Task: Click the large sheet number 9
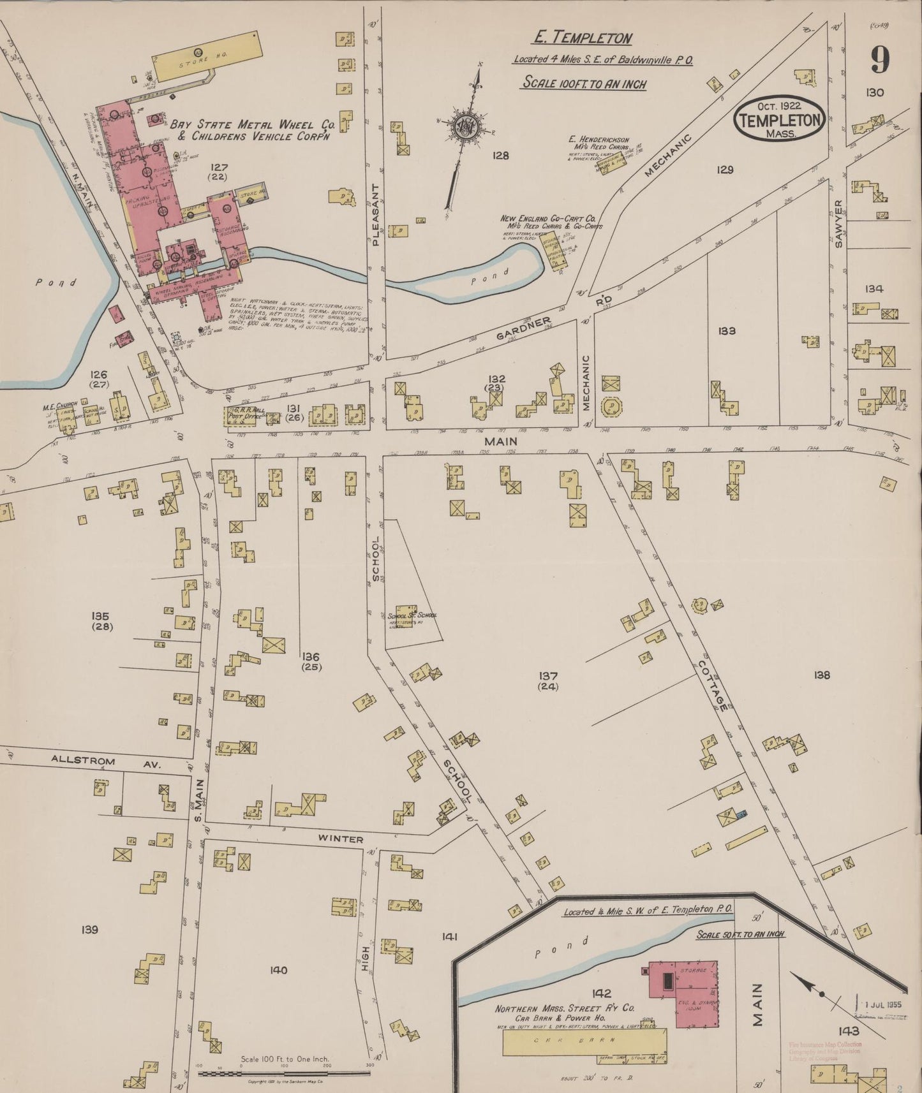click(x=880, y=61)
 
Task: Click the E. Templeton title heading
click(x=582, y=38)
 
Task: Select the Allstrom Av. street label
click(x=107, y=761)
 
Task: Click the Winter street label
click(x=341, y=839)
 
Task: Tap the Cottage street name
click(x=712, y=686)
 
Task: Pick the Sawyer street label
click(x=838, y=223)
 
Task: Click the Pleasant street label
click(x=376, y=214)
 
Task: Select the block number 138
click(x=822, y=675)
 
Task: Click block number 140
click(x=278, y=970)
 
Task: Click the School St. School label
click(x=412, y=615)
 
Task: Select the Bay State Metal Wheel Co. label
click(x=253, y=130)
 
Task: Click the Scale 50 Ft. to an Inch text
click(x=739, y=934)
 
